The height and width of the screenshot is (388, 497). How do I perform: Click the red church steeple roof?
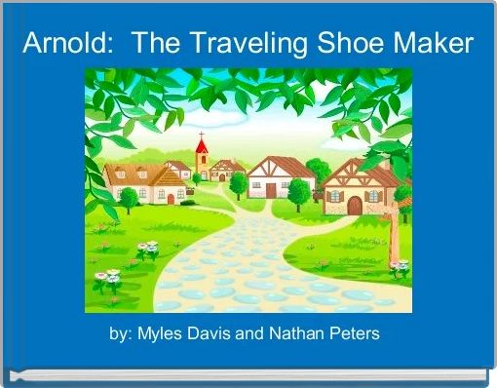point(202,147)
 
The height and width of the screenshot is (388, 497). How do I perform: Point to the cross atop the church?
point(202,135)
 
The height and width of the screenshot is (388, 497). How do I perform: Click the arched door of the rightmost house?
point(355,205)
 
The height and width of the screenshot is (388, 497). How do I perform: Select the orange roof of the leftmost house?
point(136,173)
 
